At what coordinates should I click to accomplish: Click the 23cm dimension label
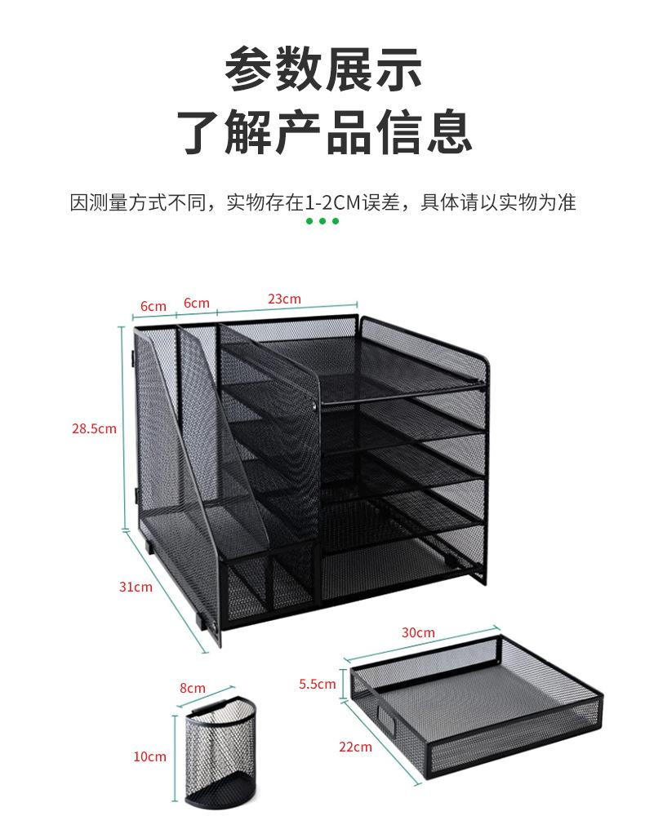tap(284, 299)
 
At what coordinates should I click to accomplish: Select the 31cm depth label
tap(136, 587)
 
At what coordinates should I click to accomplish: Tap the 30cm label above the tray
tap(418, 632)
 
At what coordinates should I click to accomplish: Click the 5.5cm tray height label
tap(317, 684)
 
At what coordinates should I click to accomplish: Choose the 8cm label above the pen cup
tap(192, 688)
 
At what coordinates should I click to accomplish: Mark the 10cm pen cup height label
tap(150, 756)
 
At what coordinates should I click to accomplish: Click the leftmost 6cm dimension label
tap(153, 306)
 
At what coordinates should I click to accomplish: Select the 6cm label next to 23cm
tap(196, 303)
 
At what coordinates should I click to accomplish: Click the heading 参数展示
tap(323, 69)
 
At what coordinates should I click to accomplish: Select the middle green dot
tap(322, 221)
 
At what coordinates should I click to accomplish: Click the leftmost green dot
tap(310, 221)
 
